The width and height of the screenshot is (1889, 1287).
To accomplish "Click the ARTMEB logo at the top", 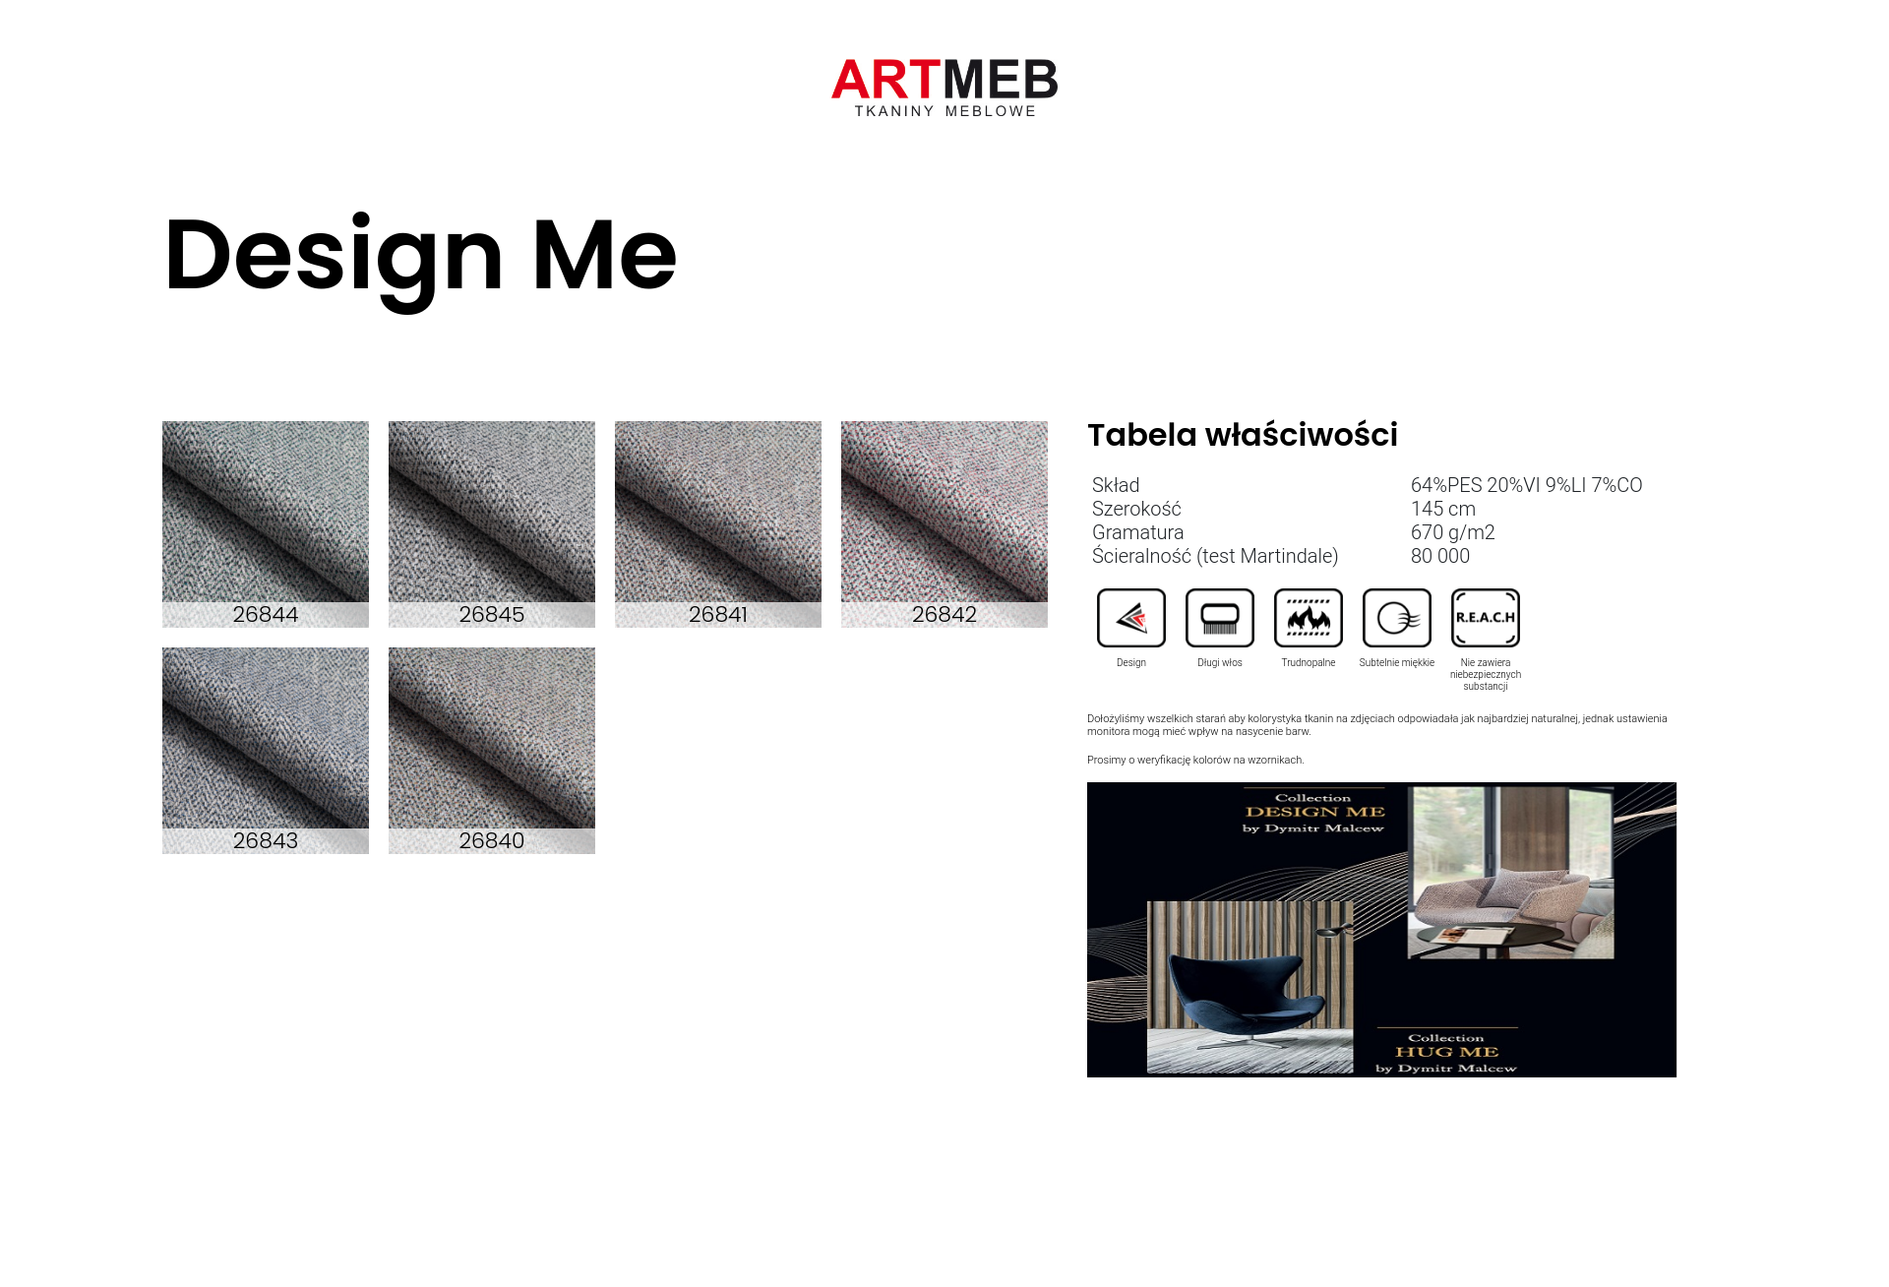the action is coord(944,88).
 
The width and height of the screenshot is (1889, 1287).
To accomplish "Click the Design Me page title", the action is coord(421,258).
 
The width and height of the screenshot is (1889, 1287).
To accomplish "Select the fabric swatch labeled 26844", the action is coord(266,524).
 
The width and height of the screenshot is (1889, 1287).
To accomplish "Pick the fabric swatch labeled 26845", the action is coord(492,524).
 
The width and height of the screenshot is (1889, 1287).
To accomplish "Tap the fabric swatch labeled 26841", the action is coord(718,524).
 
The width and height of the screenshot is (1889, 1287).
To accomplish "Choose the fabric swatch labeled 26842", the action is coord(944,524).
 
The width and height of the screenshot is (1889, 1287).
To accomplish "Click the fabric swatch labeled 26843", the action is coord(266,751).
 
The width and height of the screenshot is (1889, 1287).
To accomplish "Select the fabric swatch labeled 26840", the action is coord(492,751).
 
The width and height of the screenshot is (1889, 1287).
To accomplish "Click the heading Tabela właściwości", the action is coord(1243,435).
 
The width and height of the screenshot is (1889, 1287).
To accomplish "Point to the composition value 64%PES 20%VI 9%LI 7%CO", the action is coord(1526,485).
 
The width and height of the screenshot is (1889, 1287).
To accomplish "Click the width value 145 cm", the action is coord(1443,509).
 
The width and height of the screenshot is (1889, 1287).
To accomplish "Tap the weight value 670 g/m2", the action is coord(1453,532).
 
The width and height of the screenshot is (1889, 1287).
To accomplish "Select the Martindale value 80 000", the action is coord(1440,556).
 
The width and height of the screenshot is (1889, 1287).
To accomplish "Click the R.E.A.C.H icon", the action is coord(1486,618).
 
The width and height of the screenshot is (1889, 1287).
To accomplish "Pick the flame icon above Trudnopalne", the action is coord(1309,618).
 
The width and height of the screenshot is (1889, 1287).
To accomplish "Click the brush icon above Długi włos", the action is coord(1220,618).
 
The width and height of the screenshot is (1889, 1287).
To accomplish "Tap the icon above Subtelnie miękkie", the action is coord(1397,618).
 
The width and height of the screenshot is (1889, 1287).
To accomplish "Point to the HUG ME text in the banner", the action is coord(1446,1052).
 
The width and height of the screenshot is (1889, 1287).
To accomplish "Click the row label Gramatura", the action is coord(1138,532).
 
